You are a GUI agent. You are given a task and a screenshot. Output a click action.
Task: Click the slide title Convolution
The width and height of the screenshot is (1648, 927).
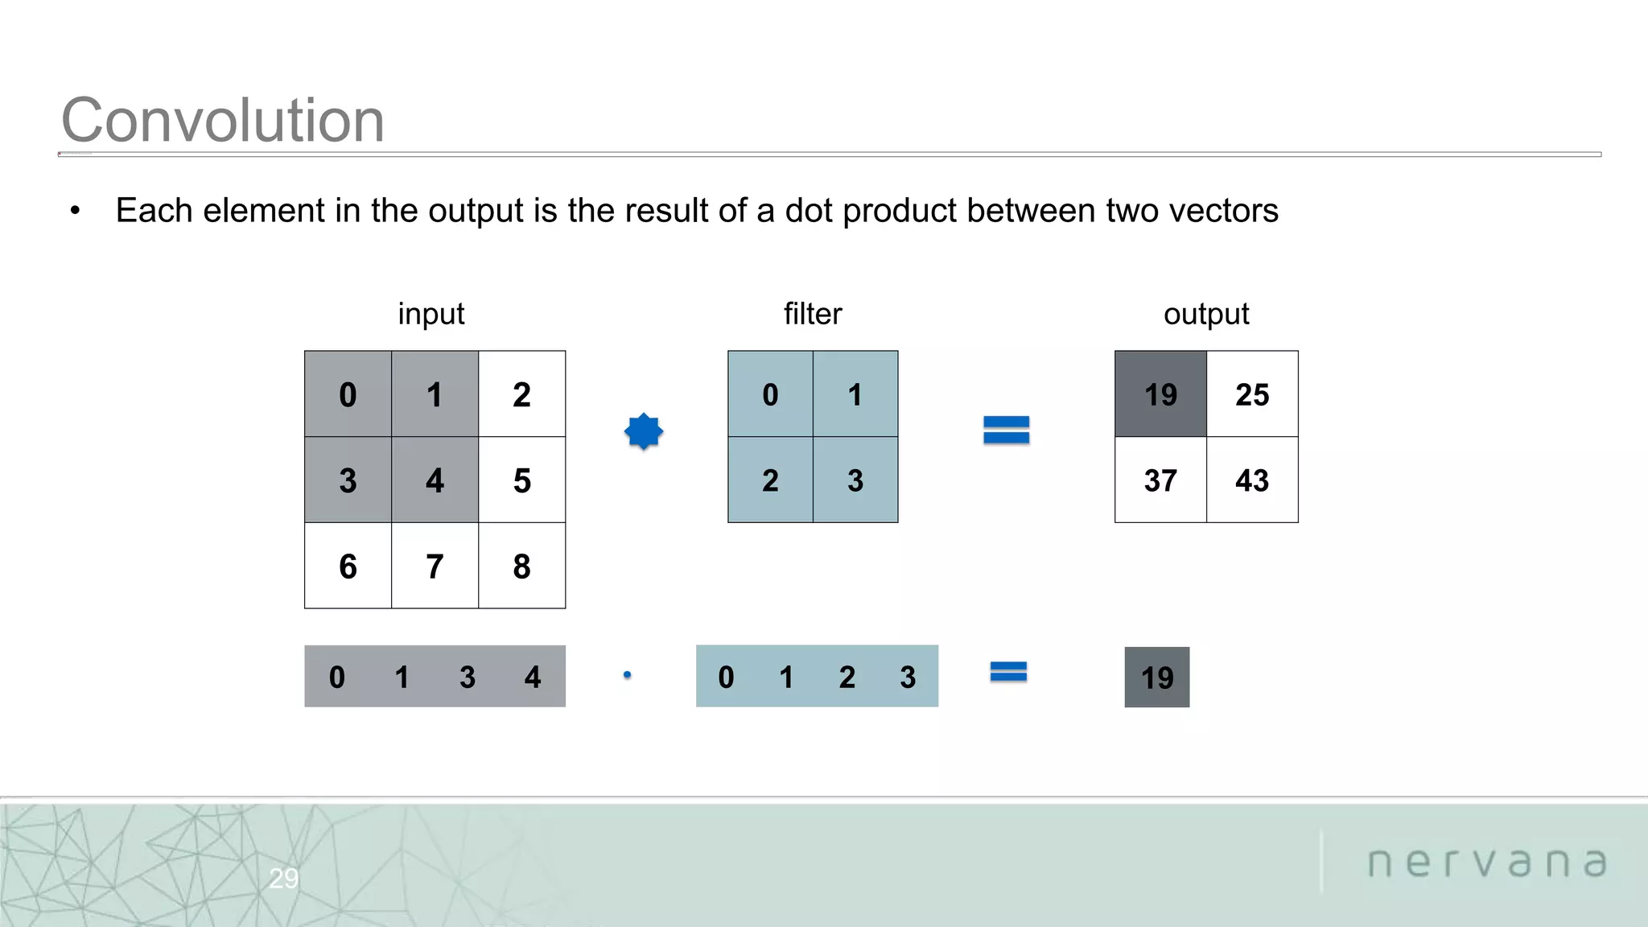point(223,121)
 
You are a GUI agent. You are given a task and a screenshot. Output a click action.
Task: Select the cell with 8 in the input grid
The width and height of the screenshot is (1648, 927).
point(521,566)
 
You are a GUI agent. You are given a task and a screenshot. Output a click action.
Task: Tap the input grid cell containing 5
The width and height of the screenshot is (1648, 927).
point(521,480)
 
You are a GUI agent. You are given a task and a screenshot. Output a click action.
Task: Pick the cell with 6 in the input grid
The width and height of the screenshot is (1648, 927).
point(348,566)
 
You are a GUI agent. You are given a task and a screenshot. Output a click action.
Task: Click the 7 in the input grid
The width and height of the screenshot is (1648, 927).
point(435,566)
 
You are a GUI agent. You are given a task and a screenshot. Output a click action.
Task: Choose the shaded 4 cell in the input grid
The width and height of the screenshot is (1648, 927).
point(435,480)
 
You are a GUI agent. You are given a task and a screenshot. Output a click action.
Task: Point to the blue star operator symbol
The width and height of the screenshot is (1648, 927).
point(644,431)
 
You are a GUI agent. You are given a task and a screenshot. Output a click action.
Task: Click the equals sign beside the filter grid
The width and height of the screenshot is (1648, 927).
point(1006,430)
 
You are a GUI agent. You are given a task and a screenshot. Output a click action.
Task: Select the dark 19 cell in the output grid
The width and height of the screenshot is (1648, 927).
point(1160,394)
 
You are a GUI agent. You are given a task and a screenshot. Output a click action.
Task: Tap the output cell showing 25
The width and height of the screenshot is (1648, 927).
point(1252,394)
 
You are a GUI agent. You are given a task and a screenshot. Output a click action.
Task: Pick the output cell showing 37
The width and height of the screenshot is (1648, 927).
point(1160,480)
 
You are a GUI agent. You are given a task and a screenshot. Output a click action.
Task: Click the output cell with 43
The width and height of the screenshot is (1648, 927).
point(1252,480)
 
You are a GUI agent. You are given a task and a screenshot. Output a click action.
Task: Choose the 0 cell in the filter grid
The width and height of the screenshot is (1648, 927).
point(770,394)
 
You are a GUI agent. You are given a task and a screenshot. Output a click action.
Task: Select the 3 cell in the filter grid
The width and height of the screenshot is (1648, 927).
point(855,480)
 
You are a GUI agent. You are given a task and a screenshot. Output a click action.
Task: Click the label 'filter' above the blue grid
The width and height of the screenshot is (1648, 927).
point(813,314)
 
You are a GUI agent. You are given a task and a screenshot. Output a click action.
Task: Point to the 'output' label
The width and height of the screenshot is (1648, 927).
point(1206,314)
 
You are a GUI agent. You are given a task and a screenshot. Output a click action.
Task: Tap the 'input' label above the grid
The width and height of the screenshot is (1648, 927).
point(431,314)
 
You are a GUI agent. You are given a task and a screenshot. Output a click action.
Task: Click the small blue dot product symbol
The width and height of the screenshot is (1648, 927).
point(628,675)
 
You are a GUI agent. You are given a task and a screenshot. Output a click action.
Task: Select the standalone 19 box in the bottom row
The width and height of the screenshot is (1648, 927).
point(1157,678)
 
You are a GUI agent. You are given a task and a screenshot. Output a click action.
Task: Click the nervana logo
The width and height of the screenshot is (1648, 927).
point(1487,863)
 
